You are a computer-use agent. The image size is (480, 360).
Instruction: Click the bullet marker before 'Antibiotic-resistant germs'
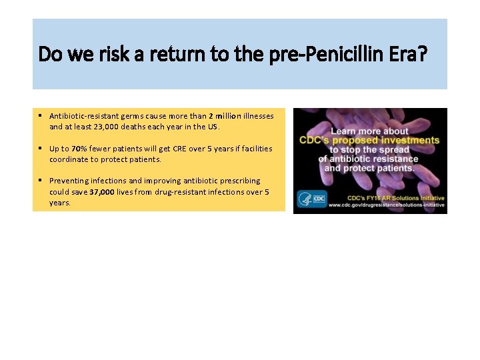[x=41, y=115]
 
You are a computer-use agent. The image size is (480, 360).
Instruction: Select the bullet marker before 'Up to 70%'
[x=41, y=148]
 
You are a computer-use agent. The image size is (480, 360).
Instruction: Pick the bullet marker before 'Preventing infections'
[x=41, y=181]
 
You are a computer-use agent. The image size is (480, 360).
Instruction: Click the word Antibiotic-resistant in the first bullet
[x=83, y=115]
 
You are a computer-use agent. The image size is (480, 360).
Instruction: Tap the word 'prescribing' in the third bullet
[x=239, y=181]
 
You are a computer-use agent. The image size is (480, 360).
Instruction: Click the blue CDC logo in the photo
[x=311, y=199]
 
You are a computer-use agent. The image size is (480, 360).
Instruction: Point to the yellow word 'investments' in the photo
[x=411, y=140]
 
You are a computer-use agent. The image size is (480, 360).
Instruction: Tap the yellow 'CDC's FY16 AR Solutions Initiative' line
[x=396, y=198]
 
